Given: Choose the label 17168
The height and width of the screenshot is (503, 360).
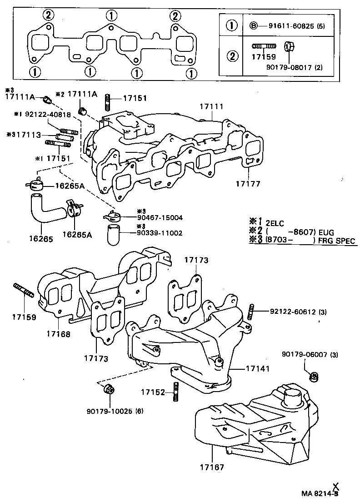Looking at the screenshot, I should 58,334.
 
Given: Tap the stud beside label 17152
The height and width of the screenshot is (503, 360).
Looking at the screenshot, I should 175,392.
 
